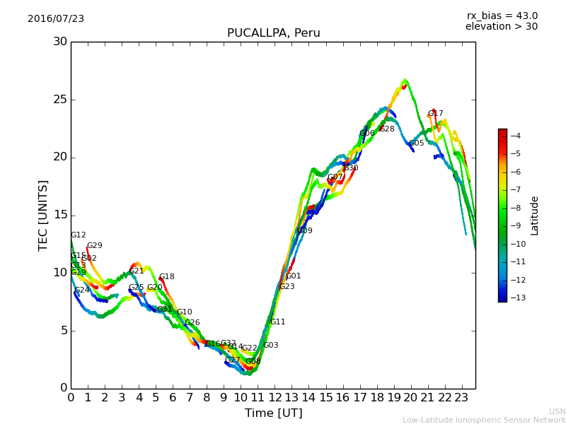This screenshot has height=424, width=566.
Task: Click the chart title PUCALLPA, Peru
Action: coord(273,33)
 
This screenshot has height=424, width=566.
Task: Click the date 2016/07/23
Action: coord(56,19)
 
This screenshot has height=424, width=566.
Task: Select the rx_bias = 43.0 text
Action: coord(502,16)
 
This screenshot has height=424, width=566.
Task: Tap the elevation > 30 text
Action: coord(502,27)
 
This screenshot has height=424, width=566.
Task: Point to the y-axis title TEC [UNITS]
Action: coord(44,215)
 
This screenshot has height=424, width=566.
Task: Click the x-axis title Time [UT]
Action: coord(273,413)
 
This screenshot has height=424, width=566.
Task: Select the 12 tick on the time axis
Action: coord(275,398)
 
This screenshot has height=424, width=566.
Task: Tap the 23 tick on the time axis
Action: coord(462,398)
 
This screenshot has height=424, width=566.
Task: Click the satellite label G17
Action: coord(435,114)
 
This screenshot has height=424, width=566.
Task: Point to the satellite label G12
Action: coord(78,235)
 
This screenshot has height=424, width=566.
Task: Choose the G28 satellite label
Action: coord(386,129)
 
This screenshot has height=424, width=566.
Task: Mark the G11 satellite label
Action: coord(277,322)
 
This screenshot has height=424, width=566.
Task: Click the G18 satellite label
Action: coord(166,277)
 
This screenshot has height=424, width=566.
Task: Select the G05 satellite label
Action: coord(416,143)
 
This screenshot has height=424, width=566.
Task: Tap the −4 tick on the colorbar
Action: coord(515,136)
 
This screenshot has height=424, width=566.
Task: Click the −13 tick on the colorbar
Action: coord(514,298)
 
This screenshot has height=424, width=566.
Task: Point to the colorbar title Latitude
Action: coord(535,216)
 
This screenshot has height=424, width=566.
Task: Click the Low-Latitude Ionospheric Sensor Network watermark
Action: coord(484,420)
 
